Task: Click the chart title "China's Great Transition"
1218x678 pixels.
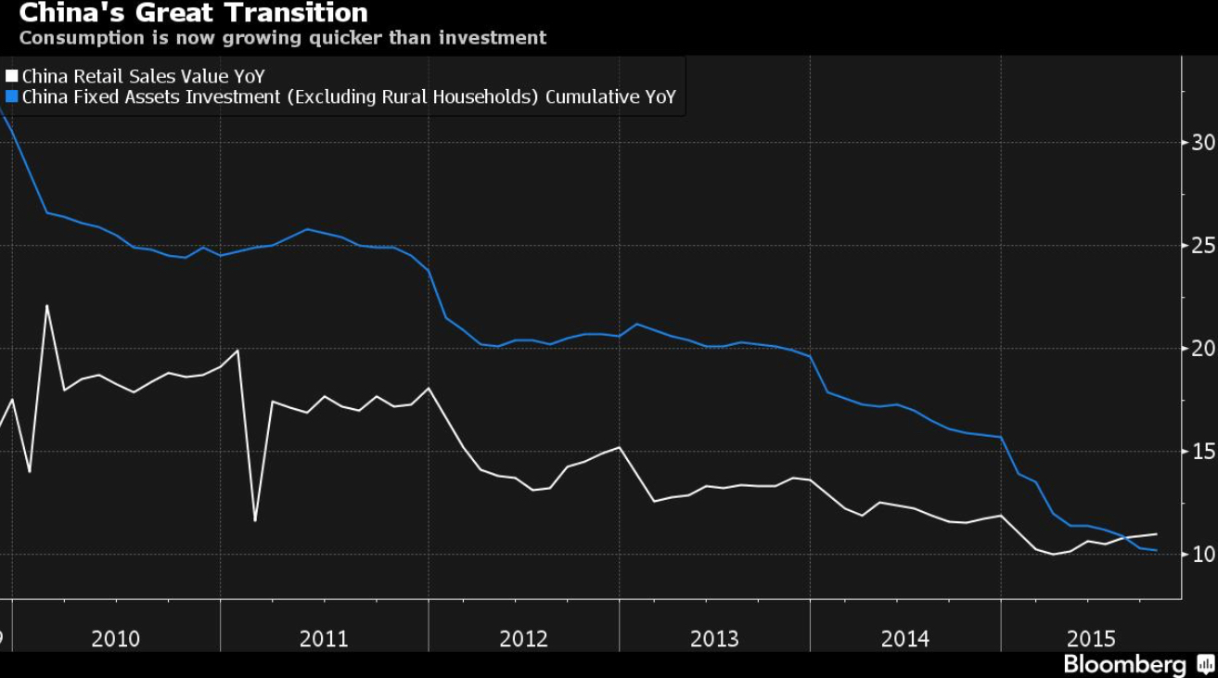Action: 194,12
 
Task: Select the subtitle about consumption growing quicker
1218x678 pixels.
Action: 283,38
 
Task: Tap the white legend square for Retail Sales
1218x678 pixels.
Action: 11,75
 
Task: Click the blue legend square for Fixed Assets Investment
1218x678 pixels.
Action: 11,96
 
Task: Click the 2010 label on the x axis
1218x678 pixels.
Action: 115,639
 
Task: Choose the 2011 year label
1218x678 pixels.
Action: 324,639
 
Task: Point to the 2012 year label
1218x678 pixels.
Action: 523,639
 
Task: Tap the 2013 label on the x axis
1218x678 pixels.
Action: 714,639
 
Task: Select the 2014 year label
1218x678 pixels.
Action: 905,639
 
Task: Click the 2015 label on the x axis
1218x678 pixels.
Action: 1091,639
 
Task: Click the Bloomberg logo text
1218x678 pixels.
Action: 1124,665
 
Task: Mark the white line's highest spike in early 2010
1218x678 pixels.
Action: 46,305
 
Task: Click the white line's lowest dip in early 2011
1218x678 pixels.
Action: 255,521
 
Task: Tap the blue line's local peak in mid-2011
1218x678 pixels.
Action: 307,229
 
